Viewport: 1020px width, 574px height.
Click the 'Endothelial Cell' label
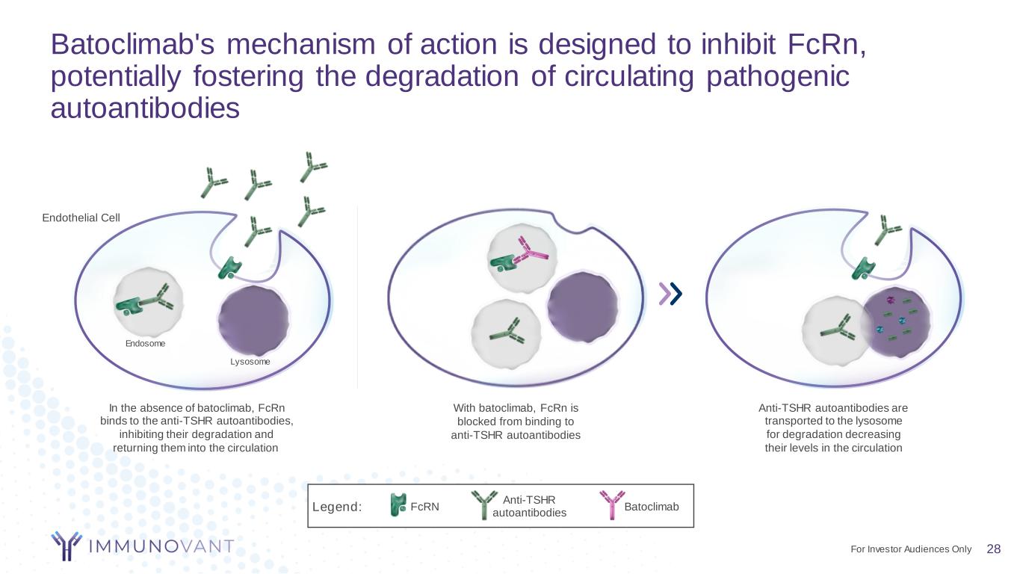pos(81,217)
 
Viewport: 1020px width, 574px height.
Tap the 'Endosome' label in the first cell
pos(145,344)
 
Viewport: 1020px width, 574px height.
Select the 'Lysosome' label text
pos(250,362)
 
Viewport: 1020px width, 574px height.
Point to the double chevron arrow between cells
pos(670,294)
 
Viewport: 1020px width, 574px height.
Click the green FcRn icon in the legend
pos(398,505)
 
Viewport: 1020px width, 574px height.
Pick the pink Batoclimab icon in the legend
pos(611,504)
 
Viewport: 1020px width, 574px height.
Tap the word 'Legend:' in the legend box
pos(337,507)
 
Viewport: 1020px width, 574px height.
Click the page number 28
pos(993,549)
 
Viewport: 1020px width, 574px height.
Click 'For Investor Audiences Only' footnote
pos(911,549)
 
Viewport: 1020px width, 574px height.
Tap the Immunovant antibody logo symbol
pos(67,546)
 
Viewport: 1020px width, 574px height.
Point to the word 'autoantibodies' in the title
pos(145,109)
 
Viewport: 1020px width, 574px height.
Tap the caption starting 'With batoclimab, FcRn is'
pos(516,422)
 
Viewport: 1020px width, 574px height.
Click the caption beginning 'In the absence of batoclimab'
pos(197,428)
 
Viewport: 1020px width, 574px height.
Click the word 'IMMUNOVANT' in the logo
pos(161,546)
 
